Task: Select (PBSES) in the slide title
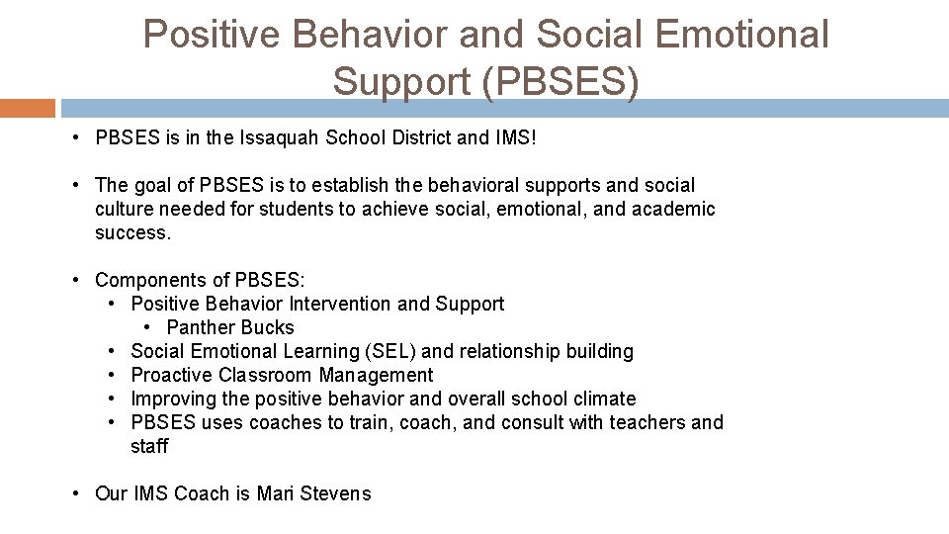[561, 81]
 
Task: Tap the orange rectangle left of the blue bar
[28, 108]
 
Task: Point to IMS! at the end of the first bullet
[515, 137]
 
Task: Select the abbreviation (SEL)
[390, 351]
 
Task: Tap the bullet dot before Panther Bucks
[148, 327]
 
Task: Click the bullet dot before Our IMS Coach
[77, 493]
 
